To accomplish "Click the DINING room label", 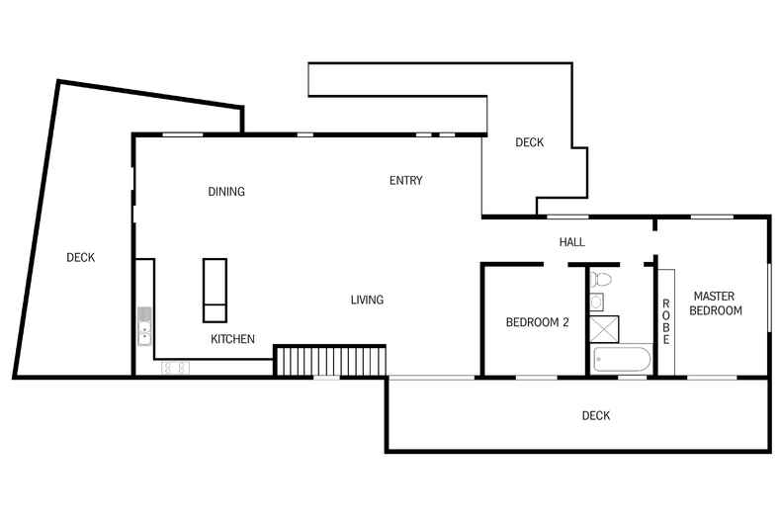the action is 226,191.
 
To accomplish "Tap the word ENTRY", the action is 406,180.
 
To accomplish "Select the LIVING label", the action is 367,300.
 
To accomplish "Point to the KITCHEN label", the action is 232,339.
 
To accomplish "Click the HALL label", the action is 571,242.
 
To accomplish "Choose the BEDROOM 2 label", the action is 537,322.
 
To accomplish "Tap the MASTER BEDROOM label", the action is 715,304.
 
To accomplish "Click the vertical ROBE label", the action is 666,321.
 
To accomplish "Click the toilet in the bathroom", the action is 600,280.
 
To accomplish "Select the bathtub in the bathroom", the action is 622,359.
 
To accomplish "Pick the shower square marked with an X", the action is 604,329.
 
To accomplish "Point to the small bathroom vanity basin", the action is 596,302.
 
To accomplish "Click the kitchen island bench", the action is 215,290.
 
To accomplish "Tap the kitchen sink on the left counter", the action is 144,334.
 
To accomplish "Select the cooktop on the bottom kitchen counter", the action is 175,368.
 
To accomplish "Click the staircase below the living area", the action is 330,361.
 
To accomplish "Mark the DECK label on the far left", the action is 81,257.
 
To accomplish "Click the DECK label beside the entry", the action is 530,142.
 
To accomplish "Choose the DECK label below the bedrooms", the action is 596,415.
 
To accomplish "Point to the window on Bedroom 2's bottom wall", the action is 536,378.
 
